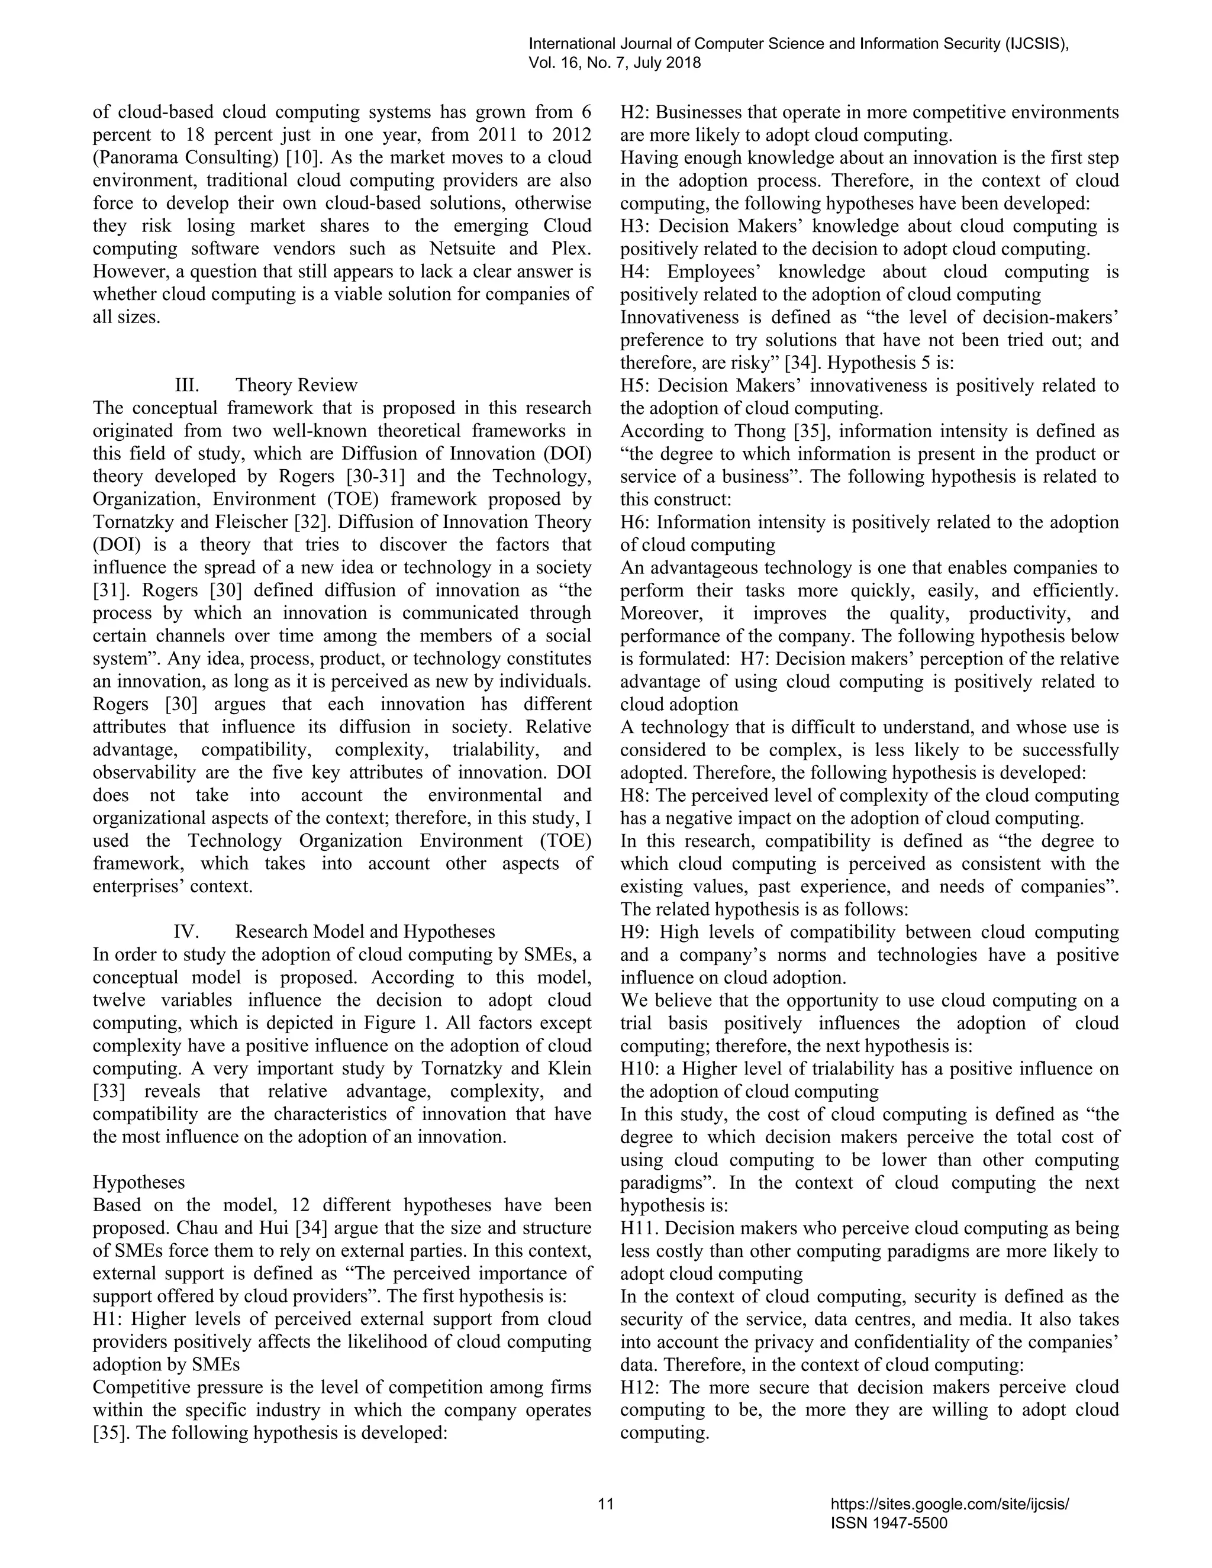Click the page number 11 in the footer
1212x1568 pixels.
pos(606,1504)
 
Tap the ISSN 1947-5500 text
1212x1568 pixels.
pos(889,1524)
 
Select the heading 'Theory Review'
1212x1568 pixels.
pos(296,386)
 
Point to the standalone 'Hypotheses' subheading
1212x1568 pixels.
pos(138,1182)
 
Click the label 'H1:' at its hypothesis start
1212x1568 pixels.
pos(108,1319)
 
